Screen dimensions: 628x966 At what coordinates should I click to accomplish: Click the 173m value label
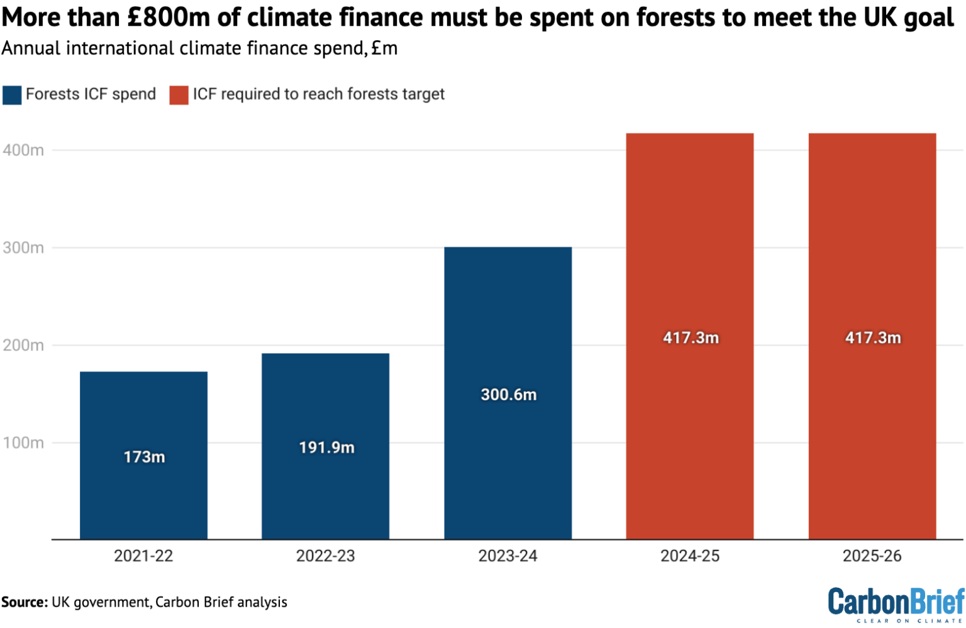coord(144,457)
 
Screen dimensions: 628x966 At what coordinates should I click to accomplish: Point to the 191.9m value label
coord(326,447)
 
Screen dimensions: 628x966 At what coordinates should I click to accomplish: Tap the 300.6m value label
coord(508,395)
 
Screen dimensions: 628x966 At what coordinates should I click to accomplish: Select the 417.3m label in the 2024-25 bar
coord(691,338)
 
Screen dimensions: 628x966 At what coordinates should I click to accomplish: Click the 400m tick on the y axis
coord(23,150)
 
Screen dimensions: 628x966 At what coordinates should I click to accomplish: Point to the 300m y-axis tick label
coord(23,248)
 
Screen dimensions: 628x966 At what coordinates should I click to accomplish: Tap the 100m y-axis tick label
coord(23,443)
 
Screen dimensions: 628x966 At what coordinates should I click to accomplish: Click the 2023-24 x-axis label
coord(508,556)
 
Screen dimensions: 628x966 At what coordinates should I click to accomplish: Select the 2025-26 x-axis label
coord(872,556)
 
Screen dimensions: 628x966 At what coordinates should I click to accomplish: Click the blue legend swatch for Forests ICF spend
coord(12,95)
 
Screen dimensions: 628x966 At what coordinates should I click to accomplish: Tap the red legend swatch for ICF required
coord(179,95)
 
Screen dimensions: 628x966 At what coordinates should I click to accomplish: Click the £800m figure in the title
coord(168,18)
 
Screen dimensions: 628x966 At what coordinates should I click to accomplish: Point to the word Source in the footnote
coord(25,602)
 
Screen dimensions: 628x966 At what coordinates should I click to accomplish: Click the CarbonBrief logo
coord(896,605)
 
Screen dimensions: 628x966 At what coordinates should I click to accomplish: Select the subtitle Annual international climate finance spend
coord(199,48)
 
